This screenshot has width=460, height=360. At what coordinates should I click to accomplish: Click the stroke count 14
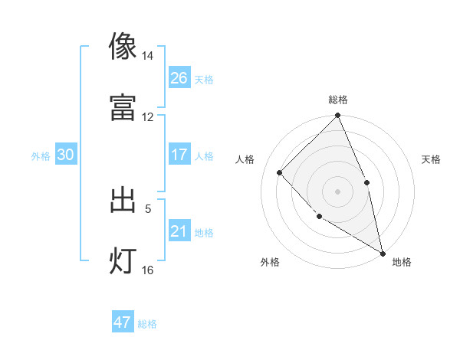point(147,57)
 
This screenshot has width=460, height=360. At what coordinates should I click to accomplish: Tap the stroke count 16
point(147,270)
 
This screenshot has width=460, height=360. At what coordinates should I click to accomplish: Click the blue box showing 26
point(179,78)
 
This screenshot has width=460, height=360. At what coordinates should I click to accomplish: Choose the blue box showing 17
point(179,155)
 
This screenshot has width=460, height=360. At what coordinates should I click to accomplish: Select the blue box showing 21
point(179,231)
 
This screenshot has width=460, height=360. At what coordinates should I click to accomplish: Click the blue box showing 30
point(65,155)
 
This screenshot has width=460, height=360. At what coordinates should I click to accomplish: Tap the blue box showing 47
point(123,322)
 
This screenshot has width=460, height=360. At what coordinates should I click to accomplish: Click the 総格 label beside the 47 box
point(147,324)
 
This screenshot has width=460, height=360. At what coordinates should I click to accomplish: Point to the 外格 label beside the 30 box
point(41,156)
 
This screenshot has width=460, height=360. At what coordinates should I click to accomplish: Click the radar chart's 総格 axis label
point(338,100)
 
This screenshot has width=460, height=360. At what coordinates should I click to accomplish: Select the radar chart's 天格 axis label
point(432,159)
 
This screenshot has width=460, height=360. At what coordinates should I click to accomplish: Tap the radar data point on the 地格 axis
point(383,253)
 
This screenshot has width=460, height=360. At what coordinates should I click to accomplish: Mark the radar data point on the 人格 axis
point(280,172)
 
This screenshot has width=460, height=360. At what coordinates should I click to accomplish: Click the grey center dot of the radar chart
point(337,191)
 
